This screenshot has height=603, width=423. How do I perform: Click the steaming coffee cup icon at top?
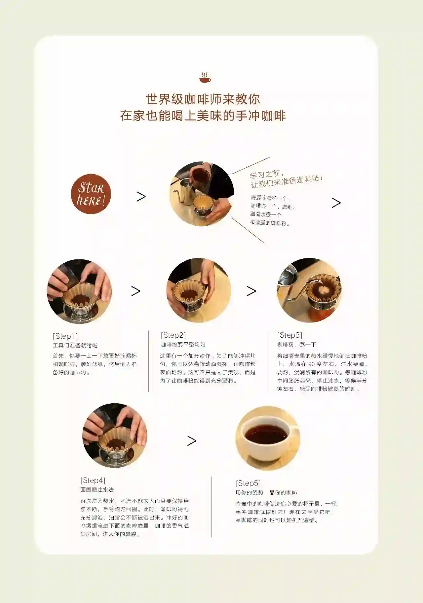(205, 78)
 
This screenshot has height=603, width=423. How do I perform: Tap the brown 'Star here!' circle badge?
(91, 194)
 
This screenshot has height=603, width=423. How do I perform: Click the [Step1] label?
(65, 336)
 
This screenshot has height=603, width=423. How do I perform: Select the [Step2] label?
(173, 335)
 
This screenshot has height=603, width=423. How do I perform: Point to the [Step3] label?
(289, 335)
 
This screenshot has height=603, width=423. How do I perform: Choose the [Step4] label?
(93, 480)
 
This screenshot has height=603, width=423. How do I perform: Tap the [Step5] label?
(248, 483)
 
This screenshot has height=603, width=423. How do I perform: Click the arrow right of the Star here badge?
(141, 197)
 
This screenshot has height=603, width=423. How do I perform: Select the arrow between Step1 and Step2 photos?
(136, 291)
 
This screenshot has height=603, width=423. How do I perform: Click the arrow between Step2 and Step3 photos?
(251, 291)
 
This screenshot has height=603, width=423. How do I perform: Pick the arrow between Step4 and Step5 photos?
(192, 441)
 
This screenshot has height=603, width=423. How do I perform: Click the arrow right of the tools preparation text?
(336, 203)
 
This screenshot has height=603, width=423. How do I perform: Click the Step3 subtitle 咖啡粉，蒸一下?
(297, 344)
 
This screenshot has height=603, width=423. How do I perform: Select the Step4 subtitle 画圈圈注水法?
(97, 489)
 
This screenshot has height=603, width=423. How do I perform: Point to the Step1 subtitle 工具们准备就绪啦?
(75, 345)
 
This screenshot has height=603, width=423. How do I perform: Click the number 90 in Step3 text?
(311, 364)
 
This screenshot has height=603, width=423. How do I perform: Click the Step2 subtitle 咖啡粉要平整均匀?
(183, 344)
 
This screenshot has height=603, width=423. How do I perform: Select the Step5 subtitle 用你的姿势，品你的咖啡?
(266, 492)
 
